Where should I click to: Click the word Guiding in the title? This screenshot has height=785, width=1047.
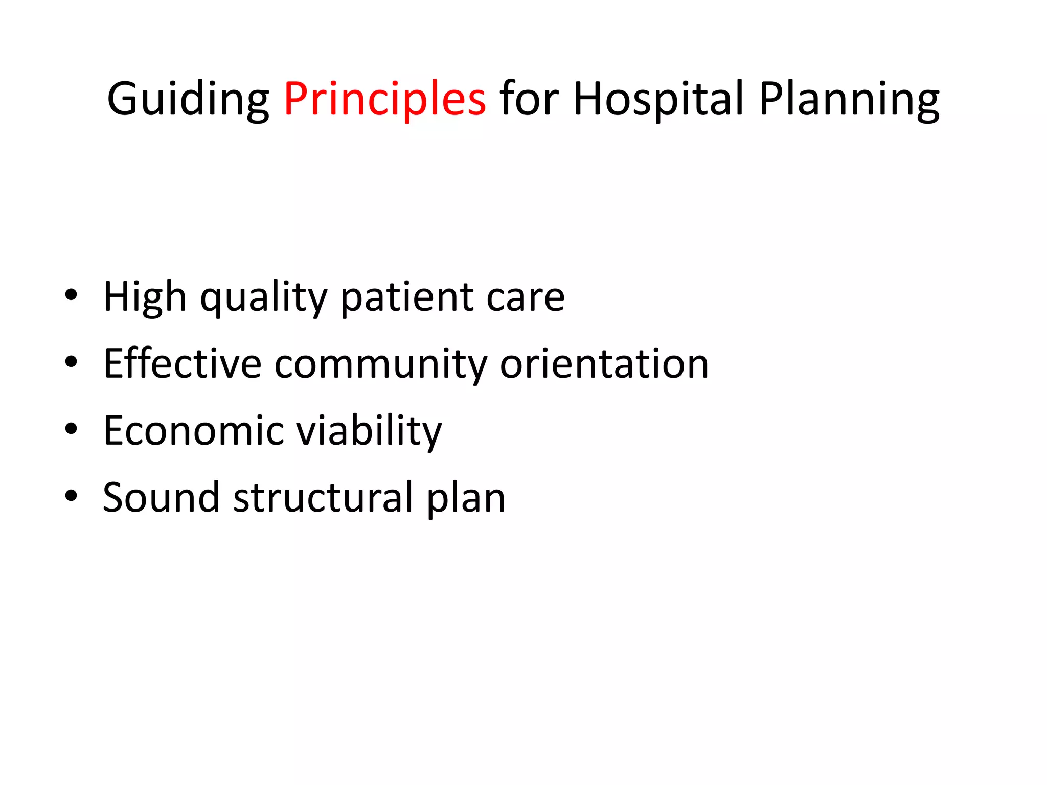pyautogui.click(x=188, y=99)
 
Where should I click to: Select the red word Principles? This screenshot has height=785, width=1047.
pyautogui.click(x=384, y=99)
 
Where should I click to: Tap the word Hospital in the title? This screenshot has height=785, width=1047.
pyautogui.click(x=658, y=99)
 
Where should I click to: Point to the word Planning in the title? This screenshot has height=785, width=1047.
pyautogui.click(x=849, y=99)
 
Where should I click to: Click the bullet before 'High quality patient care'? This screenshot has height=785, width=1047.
pyautogui.click(x=71, y=295)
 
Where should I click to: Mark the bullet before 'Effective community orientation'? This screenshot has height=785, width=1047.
pyautogui.click(x=71, y=362)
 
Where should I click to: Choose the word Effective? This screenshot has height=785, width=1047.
pyautogui.click(x=183, y=363)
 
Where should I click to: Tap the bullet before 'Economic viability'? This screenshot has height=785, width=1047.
pyautogui.click(x=71, y=429)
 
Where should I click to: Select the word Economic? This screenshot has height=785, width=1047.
pyautogui.click(x=193, y=431)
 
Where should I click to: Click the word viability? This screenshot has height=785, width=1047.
pyautogui.click(x=369, y=432)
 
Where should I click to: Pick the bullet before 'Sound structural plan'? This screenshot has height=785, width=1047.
pyautogui.click(x=71, y=496)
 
